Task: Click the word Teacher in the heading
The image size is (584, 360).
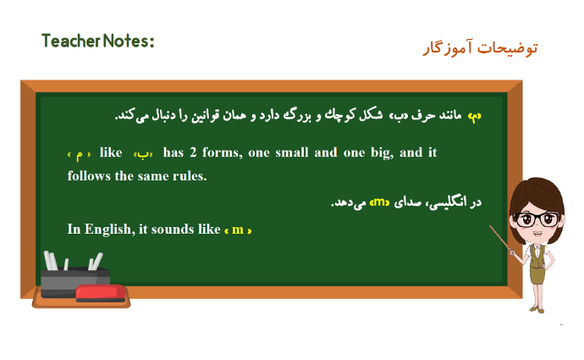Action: (x=71, y=41)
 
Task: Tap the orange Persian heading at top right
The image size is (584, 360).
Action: (x=481, y=48)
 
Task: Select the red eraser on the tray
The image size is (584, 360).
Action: (x=101, y=293)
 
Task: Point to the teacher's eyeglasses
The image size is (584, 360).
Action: (x=537, y=219)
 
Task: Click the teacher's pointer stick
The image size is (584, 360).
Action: (x=500, y=238)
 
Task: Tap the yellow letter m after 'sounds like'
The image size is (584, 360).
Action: (x=238, y=230)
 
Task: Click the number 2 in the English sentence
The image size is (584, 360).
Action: (x=193, y=152)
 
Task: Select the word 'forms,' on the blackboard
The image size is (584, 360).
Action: (x=222, y=152)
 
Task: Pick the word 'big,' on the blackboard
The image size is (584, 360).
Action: (x=382, y=153)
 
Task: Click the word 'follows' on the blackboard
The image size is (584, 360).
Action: (x=89, y=175)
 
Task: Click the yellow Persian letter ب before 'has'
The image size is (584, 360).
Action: (x=143, y=154)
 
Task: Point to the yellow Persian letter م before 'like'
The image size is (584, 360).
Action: (x=79, y=155)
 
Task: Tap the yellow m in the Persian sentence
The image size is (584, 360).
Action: (x=380, y=202)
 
